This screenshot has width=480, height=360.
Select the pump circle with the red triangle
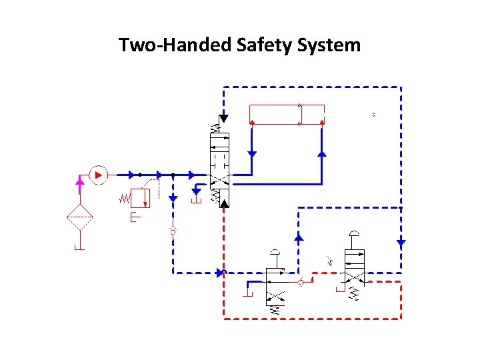98,175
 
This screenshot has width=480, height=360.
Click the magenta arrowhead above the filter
79,180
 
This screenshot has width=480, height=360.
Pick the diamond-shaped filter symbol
79,217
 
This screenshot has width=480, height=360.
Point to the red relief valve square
140,198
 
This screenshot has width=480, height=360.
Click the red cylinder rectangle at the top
286,114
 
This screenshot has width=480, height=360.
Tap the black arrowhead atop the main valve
223,119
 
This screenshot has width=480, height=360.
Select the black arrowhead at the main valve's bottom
223,202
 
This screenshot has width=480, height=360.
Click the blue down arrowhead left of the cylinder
252,153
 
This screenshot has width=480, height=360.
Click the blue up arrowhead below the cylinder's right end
322,154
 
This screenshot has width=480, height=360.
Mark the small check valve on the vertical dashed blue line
173,232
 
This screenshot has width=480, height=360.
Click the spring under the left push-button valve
273,309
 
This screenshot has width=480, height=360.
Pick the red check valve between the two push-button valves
301,283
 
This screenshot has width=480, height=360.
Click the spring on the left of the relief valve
124,198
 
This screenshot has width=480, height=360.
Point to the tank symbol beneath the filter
79,247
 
